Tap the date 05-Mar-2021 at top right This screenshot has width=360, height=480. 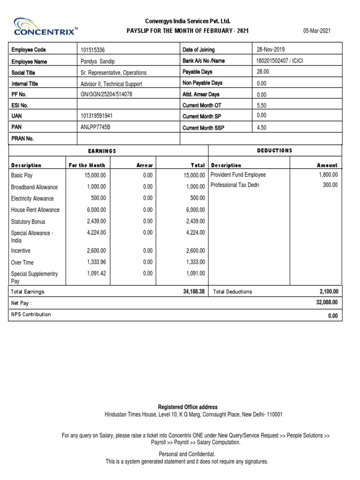coord(317,31)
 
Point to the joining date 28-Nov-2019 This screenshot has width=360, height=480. coord(270,49)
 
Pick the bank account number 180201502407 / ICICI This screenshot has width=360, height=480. coord(280,60)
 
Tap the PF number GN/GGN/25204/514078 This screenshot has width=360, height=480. coord(106,94)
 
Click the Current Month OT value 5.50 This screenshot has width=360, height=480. coord(262,105)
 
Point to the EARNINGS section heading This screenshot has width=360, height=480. coord(102,151)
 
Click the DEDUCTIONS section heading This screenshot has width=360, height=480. coord(274,150)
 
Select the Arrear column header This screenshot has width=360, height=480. coord(144,165)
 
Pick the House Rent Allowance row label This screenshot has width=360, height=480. coord(36,210)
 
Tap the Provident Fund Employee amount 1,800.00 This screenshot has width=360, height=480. coord(328,175)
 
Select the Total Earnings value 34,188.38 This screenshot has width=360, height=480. coord(194,292)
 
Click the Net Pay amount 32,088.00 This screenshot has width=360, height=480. coord(327,303)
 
